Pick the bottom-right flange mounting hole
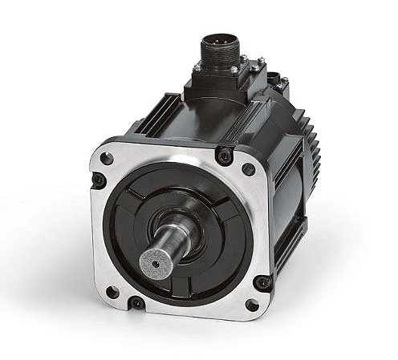click(x=251, y=305)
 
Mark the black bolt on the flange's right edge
click(x=261, y=282)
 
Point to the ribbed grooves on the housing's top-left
click(x=164, y=112)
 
